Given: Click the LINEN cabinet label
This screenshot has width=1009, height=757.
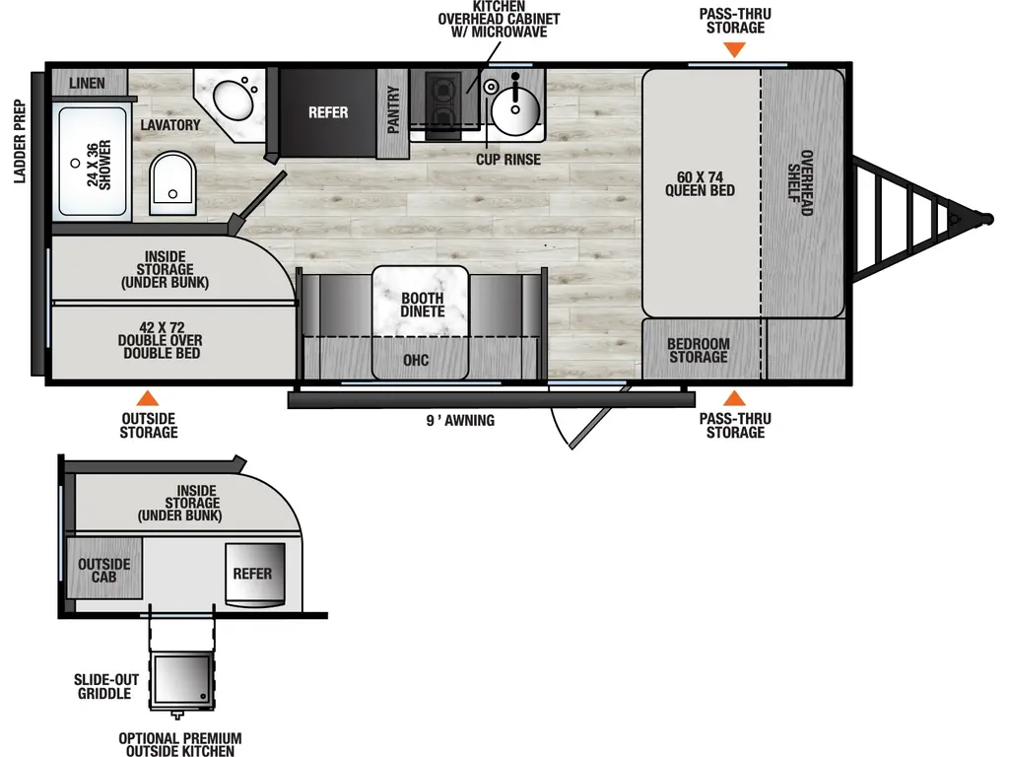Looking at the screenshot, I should tap(87, 83).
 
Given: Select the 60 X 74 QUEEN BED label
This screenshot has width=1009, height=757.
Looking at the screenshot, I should tap(700, 182).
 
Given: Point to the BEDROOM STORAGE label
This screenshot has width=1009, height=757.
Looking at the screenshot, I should tap(699, 350).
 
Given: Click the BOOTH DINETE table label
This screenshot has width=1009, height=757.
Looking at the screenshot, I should tap(422, 305).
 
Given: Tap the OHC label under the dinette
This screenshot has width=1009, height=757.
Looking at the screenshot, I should tap(416, 360).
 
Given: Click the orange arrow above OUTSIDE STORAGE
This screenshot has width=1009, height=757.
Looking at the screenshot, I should tap(148, 398).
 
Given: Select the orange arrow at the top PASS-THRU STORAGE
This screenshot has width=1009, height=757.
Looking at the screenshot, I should tap(732, 50).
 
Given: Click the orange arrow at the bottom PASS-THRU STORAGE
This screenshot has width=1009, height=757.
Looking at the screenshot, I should tap(734, 398).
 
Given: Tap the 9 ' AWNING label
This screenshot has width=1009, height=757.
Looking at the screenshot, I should tap(460, 421).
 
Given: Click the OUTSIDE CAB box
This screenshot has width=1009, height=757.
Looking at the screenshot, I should tap(104, 570).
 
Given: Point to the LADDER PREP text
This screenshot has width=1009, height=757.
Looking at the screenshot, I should tap(19, 141).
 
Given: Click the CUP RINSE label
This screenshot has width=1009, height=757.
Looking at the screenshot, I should tap(507, 159).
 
